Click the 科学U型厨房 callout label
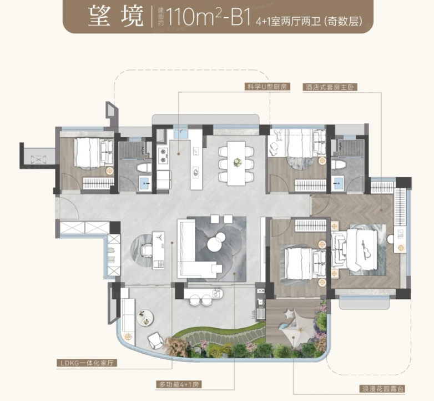[267, 87]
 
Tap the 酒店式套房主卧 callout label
[330, 88]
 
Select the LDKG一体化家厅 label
[87, 363]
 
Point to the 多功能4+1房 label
[179, 384]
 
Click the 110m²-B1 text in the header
[208, 17]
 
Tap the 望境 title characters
[116, 17]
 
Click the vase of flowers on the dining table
[237, 162]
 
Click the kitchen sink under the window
[181, 133]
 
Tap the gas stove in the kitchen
[163, 156]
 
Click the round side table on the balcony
[144, 318]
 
